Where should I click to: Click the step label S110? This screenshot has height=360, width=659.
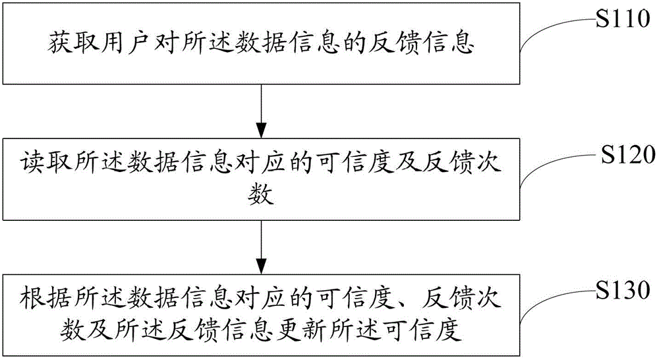coord(623,18)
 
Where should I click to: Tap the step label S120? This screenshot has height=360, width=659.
coord(628,154)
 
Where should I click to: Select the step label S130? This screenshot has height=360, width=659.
coord(623,290)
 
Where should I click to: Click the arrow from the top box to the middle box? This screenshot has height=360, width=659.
coord(262,111)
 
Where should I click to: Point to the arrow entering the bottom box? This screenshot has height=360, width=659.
coord(262,247)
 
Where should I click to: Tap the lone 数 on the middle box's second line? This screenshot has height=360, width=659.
coord(261,195)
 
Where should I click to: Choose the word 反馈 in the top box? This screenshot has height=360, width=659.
coord(394,42)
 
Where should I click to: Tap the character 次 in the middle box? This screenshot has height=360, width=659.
coord(488,162)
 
